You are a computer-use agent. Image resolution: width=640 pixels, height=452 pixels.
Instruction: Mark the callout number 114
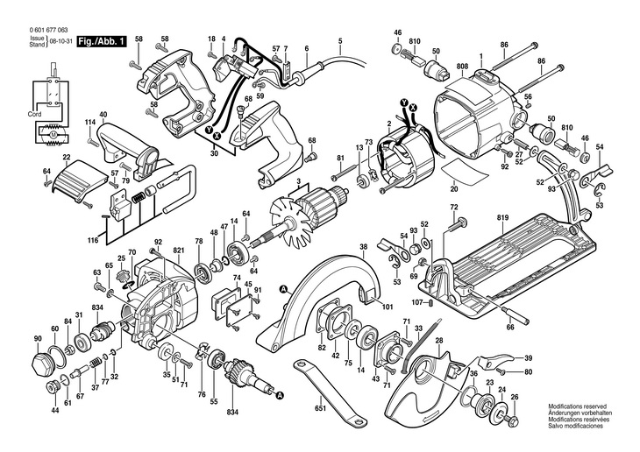click(x=89, y=123)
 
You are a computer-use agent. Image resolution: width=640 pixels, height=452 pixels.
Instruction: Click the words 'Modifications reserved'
click(x=578, y=406)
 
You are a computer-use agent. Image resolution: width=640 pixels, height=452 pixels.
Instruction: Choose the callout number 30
click(x=214, y=155)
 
